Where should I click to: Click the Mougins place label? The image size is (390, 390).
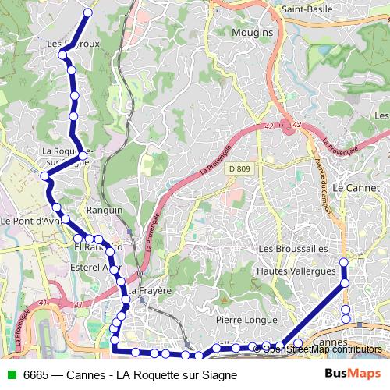coord(253,33)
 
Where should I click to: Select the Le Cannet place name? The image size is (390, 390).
coord(355,188)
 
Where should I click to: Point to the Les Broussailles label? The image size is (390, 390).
coord(292,247)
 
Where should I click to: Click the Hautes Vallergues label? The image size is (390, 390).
coord(296,271)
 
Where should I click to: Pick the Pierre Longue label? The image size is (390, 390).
coord(246,320)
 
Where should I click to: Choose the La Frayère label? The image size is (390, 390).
coord(151,290)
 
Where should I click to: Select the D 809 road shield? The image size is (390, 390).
coord(239,168)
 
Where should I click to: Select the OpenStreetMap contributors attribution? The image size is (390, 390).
coord(321,349)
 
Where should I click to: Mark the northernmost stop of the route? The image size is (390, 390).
coord(87,13)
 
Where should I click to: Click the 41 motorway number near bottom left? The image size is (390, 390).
coord(43,303)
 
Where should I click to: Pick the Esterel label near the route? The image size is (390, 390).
coord(90,267)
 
